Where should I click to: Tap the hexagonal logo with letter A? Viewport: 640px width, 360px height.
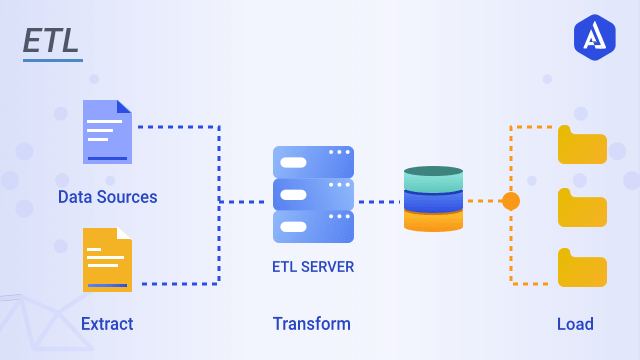pos(594,38)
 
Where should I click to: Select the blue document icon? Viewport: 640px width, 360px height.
pos(107,131)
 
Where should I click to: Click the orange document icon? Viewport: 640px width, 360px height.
pos(107,259)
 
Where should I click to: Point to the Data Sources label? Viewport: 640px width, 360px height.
pos(107,197)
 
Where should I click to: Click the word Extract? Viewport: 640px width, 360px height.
pos(107,324)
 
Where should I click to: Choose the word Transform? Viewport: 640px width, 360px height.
pos(312,324)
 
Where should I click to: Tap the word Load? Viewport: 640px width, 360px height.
pos(575,324)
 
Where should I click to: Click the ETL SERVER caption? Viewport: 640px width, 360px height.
pos(313,267)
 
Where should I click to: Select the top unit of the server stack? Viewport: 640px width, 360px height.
pos(313,162)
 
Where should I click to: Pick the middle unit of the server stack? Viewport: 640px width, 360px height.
pos(313,194)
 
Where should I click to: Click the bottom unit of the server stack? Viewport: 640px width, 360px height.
pos(313,226)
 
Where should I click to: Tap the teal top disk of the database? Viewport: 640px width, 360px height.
pos(433,177)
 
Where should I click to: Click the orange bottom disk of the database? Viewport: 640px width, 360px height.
pos(433,219)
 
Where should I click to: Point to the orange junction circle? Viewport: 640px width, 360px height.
pos(511,201)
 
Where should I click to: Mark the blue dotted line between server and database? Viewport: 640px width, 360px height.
pos(378,202)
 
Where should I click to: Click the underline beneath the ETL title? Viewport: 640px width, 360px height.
pos(52,60)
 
